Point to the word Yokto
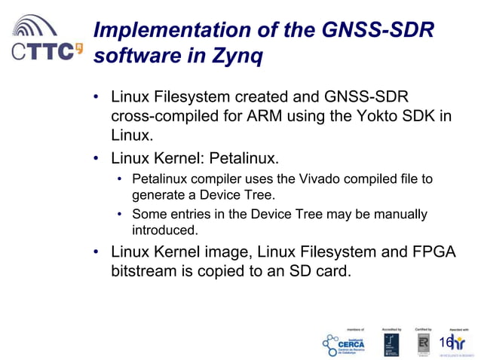point(381,117)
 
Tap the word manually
point(400,215)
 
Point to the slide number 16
point(446,341)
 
